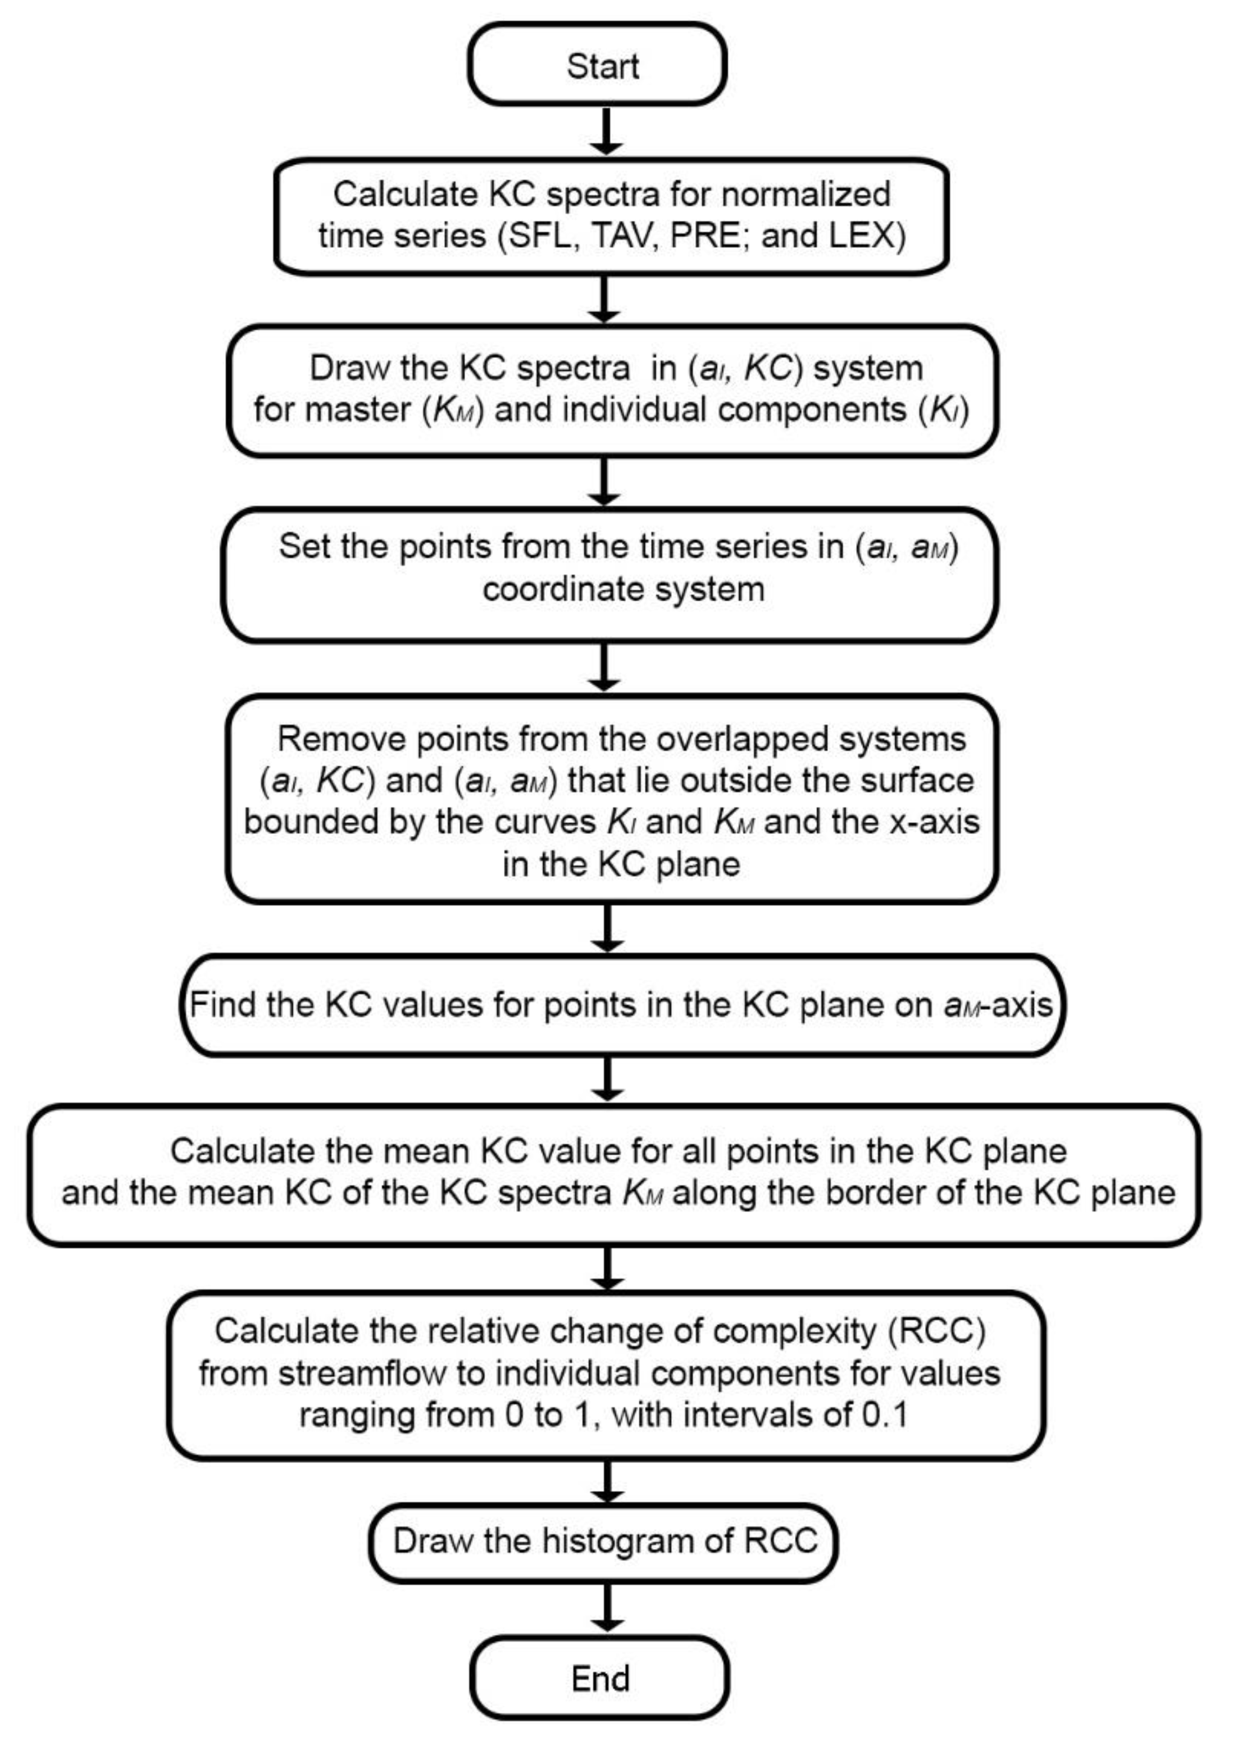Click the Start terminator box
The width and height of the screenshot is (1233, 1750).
point(597,64)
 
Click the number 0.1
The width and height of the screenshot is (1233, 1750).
point(884,1414)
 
